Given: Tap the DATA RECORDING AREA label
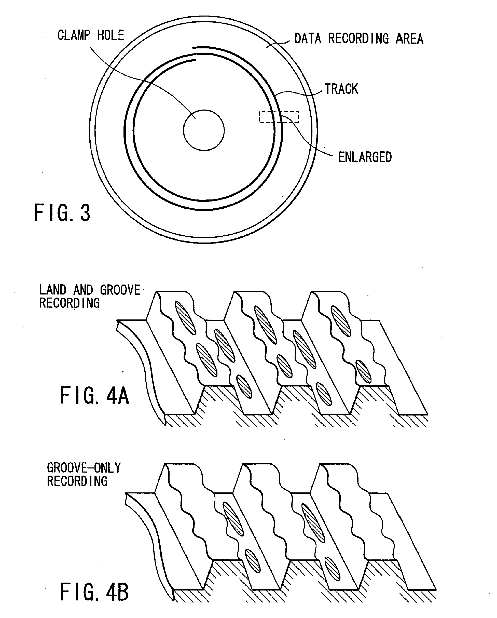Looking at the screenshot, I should coord(359,39).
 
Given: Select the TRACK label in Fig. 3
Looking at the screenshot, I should coord(341,89).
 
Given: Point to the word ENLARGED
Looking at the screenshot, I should coord(365,157).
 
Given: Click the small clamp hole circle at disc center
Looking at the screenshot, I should coord(204,130).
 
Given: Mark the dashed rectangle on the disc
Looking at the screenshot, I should coord(279,117).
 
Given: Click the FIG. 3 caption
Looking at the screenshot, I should coord(62,213).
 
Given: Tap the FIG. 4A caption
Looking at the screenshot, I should coord(94,396).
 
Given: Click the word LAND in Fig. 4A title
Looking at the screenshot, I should coord(53,290).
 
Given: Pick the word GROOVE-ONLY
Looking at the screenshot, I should coord(84,468).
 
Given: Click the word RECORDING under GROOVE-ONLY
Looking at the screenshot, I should coord(77,481).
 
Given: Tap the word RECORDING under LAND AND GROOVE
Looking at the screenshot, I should coord(69,303).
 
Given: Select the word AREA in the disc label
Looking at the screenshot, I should coord(409,39).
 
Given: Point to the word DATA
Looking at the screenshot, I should coord(308,39).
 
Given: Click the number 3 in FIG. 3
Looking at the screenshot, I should coord(85,213).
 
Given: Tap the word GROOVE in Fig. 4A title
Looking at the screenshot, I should coord(120,290).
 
